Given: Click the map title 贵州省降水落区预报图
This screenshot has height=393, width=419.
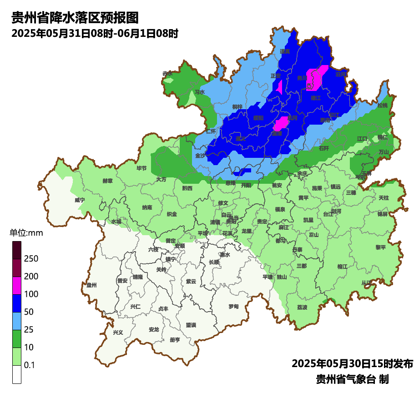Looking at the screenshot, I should pos(75,18).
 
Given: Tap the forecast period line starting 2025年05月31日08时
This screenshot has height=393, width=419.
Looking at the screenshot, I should pos(95,33).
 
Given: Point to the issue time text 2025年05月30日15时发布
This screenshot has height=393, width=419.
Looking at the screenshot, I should pos(352,363).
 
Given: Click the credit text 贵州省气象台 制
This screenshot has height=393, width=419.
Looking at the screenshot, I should pos(352,379).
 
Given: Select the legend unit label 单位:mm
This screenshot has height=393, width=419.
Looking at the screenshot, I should pos(26,233).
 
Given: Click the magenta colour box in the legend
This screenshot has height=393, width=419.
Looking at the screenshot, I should pos(17,285).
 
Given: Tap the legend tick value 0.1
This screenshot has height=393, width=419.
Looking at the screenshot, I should pos(29,365).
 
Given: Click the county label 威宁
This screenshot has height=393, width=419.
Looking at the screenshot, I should pos(80,200).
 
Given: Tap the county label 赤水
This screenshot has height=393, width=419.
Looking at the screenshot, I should pos(168,74).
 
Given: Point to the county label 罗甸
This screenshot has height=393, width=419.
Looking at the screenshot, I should pos(233,306).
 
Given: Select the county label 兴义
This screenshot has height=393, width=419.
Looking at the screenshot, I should pos(118,333).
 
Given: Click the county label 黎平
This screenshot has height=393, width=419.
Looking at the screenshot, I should pos(380,247).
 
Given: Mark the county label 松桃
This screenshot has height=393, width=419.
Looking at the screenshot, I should pos(383,106).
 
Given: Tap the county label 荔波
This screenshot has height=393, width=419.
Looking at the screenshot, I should pos(302,307).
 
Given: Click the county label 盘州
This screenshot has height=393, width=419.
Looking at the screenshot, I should pos(91,285).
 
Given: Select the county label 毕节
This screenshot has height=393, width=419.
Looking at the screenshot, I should pos(142,168).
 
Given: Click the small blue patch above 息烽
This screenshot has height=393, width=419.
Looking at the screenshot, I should pos(242,171).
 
